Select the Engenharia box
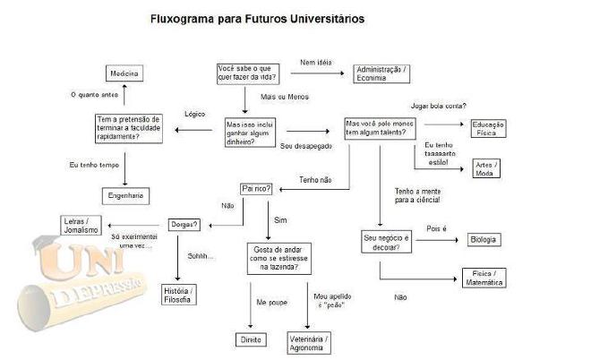point(124,194)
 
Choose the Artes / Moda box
point(484,168)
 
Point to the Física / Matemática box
point(484,278)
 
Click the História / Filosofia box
point(179,293)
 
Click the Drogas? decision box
point(184,224)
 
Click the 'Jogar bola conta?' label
point(438,106)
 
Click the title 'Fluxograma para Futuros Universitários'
point(244,18)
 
